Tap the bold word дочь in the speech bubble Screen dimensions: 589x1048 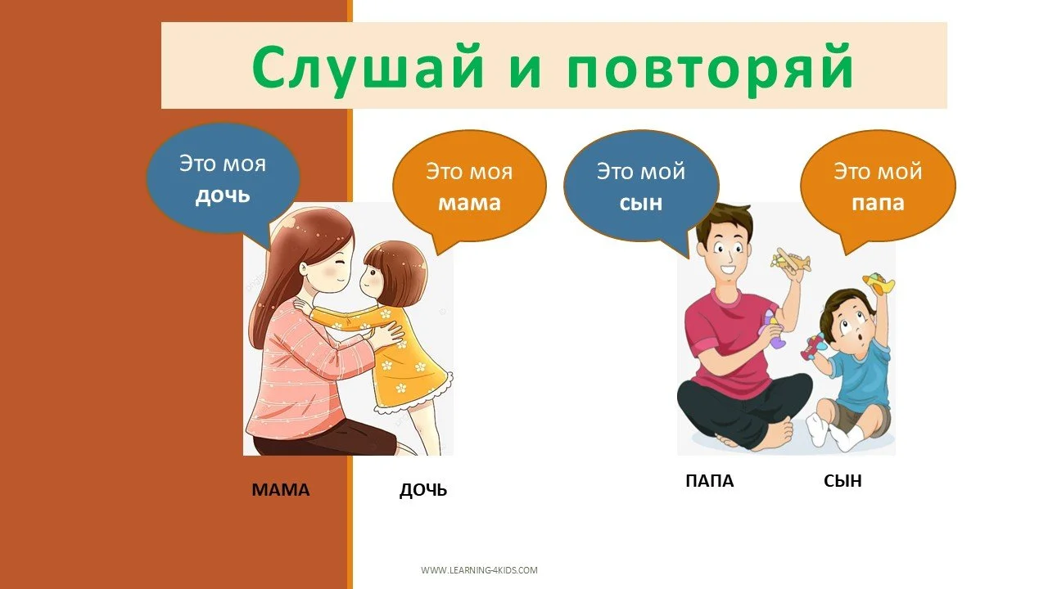(x=222, y=196)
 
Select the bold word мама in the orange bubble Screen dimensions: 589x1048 (x=469, y=203)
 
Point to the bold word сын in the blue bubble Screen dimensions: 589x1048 (x=641, y=203)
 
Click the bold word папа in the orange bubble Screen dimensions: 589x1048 (x=878, y=203)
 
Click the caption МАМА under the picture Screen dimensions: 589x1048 (x=281, y=491)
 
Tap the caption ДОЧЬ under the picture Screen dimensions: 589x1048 (x=423, y=491)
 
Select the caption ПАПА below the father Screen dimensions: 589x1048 (x=709, y=481)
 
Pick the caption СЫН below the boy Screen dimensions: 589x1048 (x=842, y=481)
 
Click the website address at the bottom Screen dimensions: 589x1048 (x=479, y=570)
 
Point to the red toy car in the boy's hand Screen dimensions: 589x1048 (x=812, y=346)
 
